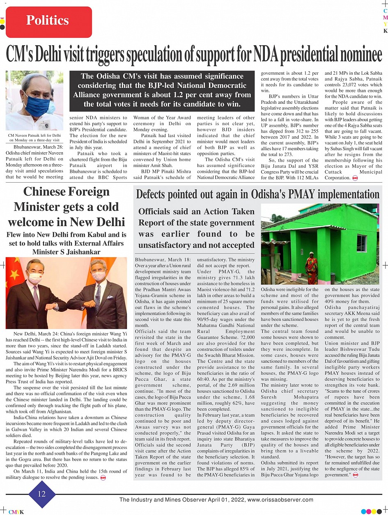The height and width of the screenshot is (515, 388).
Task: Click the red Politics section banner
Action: pyautogui.click(x=48, y=21)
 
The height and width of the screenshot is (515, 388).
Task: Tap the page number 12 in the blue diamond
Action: pyautogui.click(x=42, y=494)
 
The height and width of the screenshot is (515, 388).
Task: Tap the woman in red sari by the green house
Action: pyautogui.click(x=311, y=268)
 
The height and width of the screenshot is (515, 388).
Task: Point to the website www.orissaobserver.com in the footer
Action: pyautogui.click(x=281, y=500)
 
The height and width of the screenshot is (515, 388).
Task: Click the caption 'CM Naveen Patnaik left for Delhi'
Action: pyautogui.click(x=34, y=135)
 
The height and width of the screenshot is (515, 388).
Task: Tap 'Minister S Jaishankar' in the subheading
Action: pyautogui.click(x=67, y=252)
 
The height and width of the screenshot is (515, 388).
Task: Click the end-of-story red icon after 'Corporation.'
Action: pyautogui.click(x=355, y=178)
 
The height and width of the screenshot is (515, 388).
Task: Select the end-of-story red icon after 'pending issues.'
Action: pyautogui.click(x=103, y=478)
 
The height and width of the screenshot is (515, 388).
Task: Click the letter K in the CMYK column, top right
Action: pyautogui.click(x=385, y=31)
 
